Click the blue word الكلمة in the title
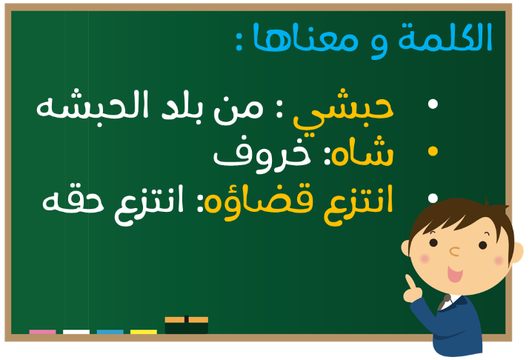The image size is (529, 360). (x=445, y=38)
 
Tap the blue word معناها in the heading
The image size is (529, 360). (x=305, y=38)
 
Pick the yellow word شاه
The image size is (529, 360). (x=362, y=152)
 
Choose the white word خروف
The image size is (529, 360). (x=262, y=156)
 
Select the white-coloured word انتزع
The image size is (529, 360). (x=149, y=205)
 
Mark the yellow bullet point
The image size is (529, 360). (x=433, y=151)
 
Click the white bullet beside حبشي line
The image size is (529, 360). (x=433, y=104)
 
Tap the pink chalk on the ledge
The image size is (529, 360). (x=42, y=332)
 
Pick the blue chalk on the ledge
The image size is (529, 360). (x=110, y=332)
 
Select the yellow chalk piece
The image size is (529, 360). (x=144, y=332)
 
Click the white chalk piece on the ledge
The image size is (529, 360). (x=76, y=332)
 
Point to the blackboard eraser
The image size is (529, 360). (x=187, y=325)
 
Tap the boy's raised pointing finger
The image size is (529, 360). (x=410, y=281)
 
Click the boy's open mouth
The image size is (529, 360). (x=455, y=273)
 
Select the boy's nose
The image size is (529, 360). (x=454, y=251)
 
